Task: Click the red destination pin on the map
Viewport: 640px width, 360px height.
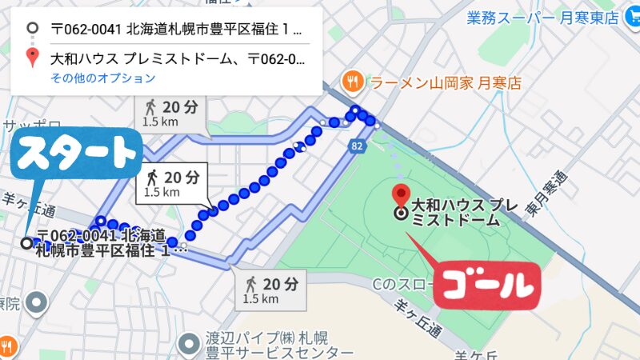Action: pos(402,194)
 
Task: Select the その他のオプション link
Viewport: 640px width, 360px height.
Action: pos(102,78)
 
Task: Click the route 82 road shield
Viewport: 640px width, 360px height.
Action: pos(357,145)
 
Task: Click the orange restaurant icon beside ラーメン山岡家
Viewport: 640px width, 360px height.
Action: pos(350,82)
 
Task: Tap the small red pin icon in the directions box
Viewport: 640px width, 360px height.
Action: pos(32,58)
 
